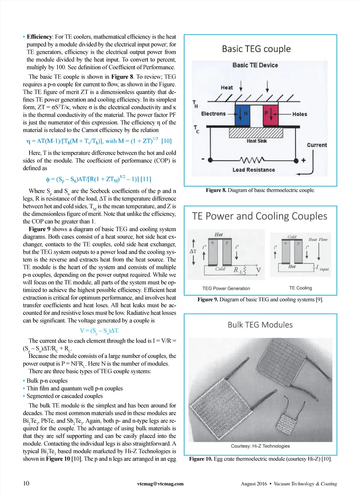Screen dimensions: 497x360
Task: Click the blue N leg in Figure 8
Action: (242, 115)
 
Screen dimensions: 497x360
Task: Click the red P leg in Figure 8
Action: (270, 115)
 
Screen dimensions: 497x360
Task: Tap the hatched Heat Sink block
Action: (256, 133)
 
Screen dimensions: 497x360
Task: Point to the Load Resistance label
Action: (253, 170)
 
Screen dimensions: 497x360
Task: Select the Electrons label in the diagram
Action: (213, 114)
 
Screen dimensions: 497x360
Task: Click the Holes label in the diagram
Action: (300, 114)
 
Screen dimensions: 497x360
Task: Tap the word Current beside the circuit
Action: (317, 145)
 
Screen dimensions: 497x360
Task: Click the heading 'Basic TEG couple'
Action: (256, 49)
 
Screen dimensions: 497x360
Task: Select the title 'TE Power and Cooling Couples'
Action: (259, 216)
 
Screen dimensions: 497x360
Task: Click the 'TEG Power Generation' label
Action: (226, 288)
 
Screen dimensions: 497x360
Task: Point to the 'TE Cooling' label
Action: (301, 288)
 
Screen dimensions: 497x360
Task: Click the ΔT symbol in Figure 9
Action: (193, 251)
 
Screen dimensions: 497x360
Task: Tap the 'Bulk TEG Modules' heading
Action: (260, 325)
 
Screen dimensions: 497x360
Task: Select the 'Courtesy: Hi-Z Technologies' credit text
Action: (260, 446)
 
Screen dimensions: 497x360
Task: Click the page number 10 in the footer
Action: (26, 483)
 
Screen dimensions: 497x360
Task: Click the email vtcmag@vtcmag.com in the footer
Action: (160, 484)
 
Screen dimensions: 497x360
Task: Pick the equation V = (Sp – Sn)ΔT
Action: (99, 331)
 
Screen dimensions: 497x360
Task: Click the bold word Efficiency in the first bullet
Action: (39, 37)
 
